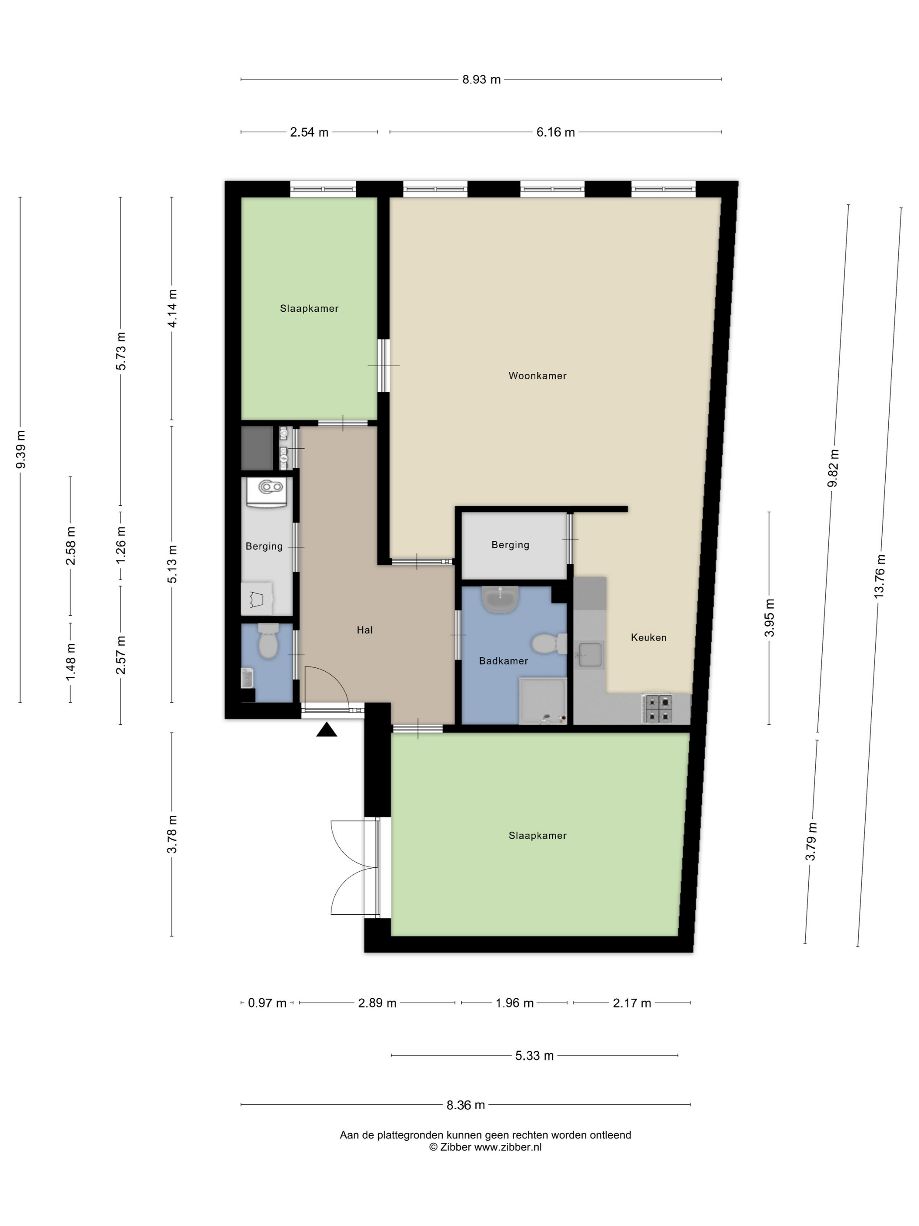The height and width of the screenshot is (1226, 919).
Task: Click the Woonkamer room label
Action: [x=537, y=376]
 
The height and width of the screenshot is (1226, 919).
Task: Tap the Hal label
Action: [x=365, y=630]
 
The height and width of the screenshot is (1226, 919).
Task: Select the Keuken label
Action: [x=648, y=638]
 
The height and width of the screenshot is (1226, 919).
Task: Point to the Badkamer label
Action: [x=503, y=661]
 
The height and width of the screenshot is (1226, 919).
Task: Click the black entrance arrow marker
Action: [x=326, y=730]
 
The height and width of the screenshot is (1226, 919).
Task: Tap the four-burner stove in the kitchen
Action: [x=658, y=709]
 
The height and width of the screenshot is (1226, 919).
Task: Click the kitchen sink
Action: [x=590, y=655]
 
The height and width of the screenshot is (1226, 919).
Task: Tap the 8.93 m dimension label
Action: [x=481, y=80]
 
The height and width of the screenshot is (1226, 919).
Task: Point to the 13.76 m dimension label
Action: [x=879, y=576]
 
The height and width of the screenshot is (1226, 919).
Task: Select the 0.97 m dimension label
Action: [x=267, y=1003]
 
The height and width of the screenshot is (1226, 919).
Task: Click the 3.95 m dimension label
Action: [x=769, y=618]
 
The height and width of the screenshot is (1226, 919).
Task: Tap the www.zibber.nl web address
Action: [x=507, y=1147]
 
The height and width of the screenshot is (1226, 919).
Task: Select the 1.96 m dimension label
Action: [x=514, y=1003]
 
